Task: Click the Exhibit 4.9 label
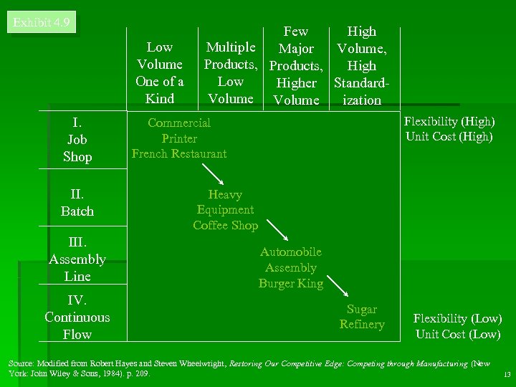coord(42,22)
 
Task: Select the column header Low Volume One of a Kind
coord(159,73)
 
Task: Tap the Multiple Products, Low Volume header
coord(231,73)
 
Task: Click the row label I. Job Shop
coord(77,140)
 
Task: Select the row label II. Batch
coord(77,202)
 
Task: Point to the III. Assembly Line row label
coord(77,259)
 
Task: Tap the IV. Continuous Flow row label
coord(77,317)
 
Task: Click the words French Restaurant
coord(179,153)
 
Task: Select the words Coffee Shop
coord(225,225)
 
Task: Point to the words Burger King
coord(291,283)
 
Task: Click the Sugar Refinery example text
coord(362,317)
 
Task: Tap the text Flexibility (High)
coord(449,122)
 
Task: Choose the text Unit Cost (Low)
coord(457,334)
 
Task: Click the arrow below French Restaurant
coord(214,174)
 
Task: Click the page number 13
coord(507,375)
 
